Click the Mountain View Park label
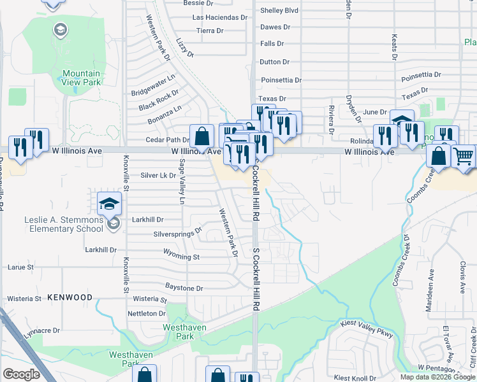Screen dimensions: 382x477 [x=82, y=78]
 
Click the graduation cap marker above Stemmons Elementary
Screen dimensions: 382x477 [x=109, y=204]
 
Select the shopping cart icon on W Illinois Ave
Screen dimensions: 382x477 [x=463, y=155]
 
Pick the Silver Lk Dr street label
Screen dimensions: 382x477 [x=158, y=175]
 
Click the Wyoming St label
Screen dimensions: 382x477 [x=182, y=257]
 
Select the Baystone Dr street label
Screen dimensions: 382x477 [x=184, y=288]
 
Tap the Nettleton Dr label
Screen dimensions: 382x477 [x=147, y=313]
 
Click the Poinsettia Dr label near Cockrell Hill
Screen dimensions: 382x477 [x=281, y=80]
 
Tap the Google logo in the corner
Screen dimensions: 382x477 [x=21, y=374]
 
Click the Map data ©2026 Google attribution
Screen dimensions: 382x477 [x=437, y=377]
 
